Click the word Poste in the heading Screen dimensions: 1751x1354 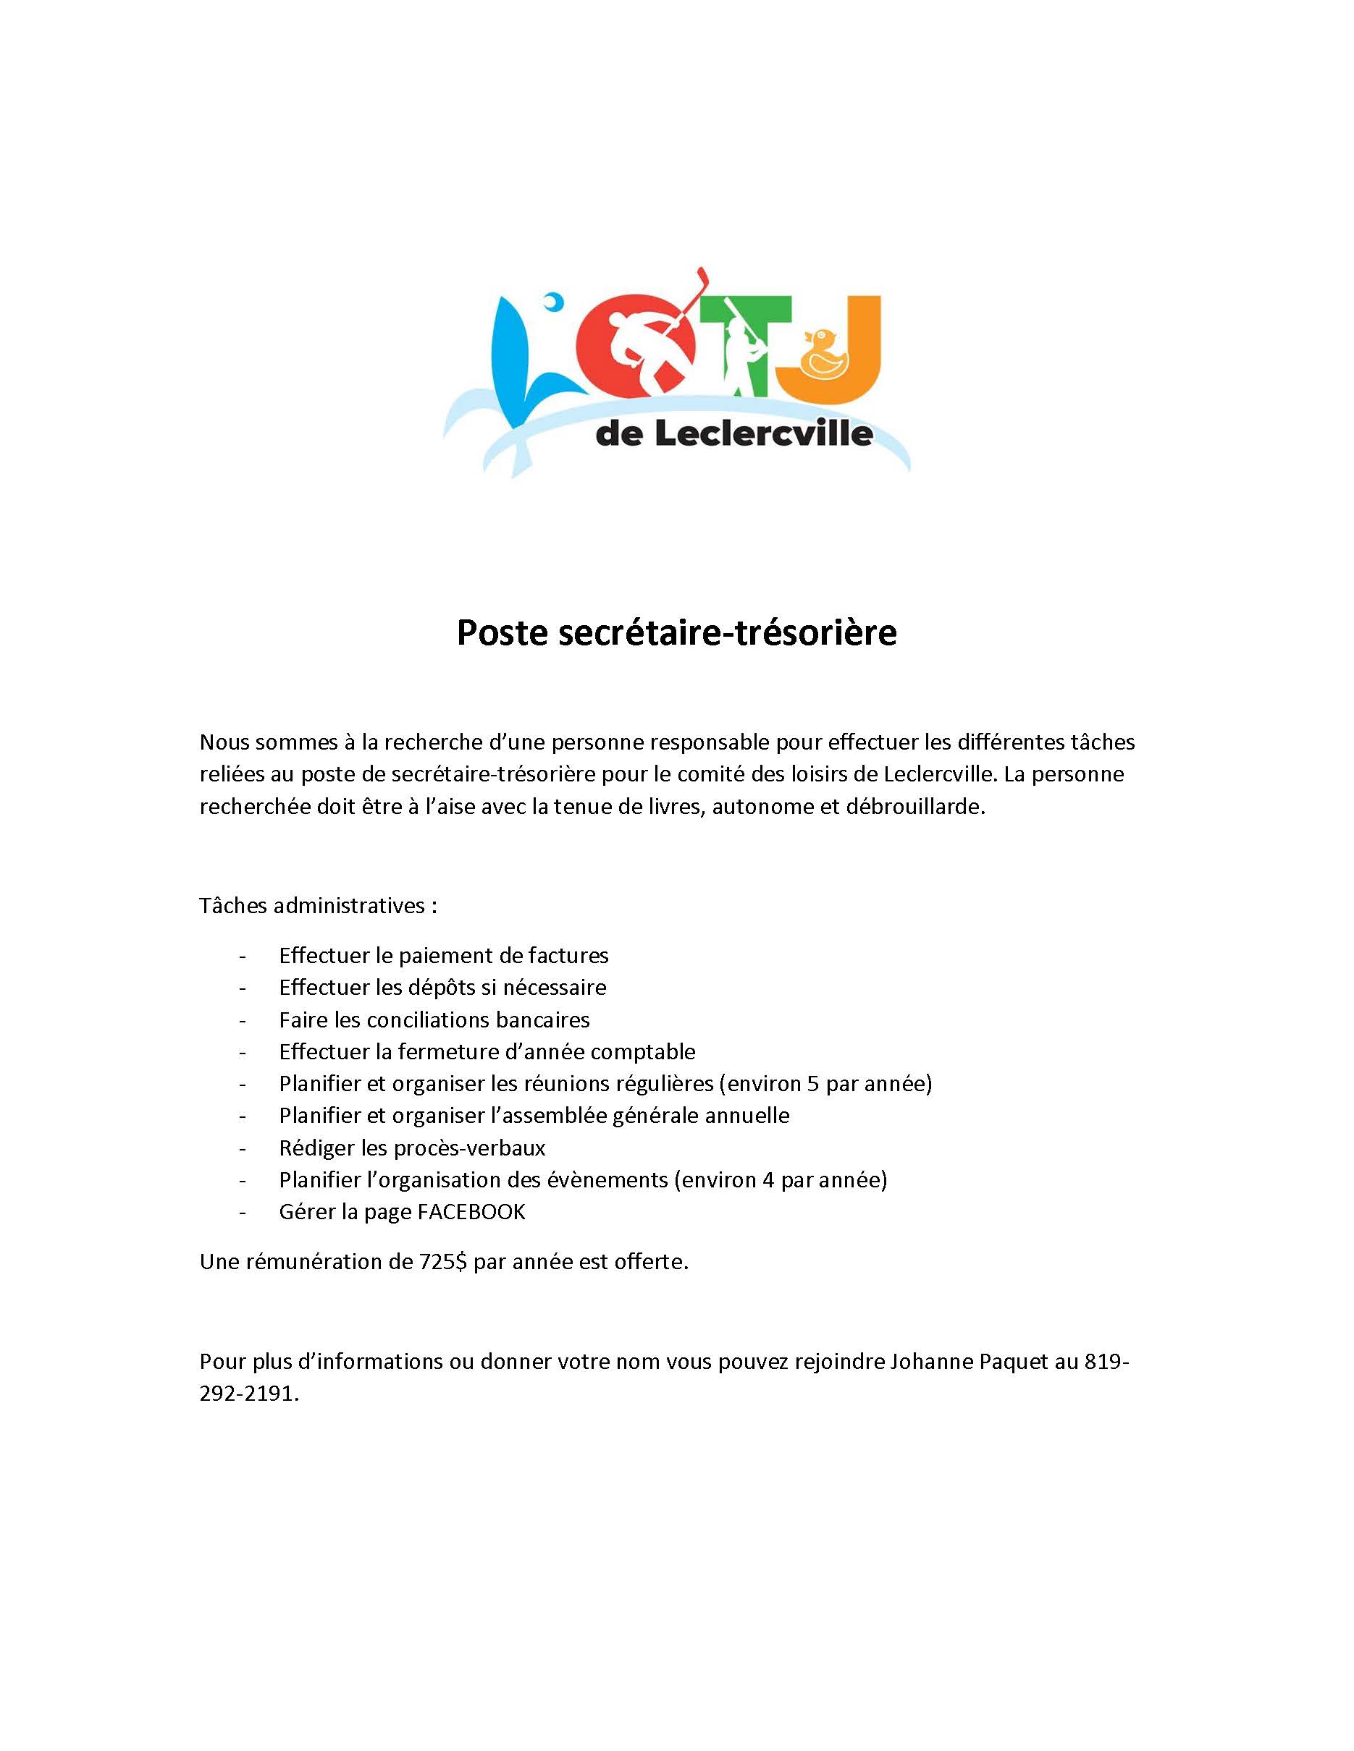tap(499, 632)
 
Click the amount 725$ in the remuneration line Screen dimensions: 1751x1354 tap(444, 1262)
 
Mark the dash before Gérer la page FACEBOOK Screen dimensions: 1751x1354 tap(243, 1211)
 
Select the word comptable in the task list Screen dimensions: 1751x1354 tap(644, 1052)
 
